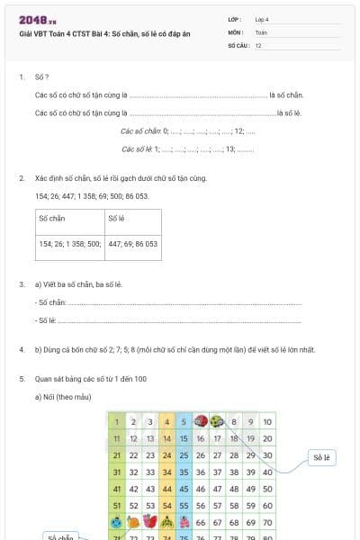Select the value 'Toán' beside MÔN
(261, 31)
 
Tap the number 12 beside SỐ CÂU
(258, 44)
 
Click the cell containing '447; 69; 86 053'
(132, 243)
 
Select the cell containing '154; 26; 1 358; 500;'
(70, 243)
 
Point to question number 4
(22, 349)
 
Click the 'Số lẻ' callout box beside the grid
(322, 458)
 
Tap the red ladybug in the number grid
(200, 421)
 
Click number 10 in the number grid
(267, 421)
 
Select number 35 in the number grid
(183, 471)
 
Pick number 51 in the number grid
(116, 504)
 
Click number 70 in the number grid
(267, 521)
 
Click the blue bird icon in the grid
(116, 521)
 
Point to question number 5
(22, 379)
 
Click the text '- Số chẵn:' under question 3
(50, 302)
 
